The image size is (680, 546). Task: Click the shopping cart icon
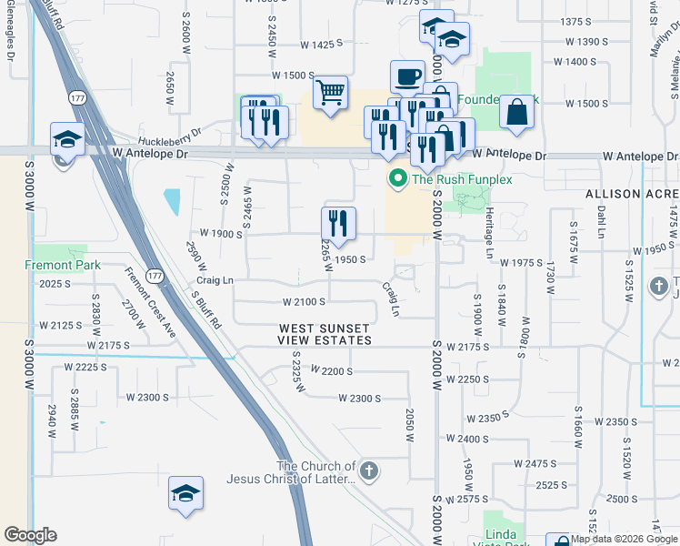coord(331,92)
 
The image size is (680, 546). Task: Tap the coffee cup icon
coord(407,77)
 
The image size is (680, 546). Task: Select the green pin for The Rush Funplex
coord(396,179)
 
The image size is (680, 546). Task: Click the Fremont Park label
coord(60,265)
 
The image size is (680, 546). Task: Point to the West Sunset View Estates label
coord(325,334)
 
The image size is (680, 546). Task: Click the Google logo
coord(30,535)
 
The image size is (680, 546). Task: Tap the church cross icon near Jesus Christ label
coord(368,471)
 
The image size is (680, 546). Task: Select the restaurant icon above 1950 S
coord(338,224)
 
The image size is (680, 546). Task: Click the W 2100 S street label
coord(304,301)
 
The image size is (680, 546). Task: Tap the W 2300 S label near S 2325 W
coord(359,399)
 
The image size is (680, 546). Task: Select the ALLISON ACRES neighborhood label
coord(632,195)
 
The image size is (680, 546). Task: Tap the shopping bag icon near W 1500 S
coord(516,112)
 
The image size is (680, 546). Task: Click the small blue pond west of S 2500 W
coord(171,200)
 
